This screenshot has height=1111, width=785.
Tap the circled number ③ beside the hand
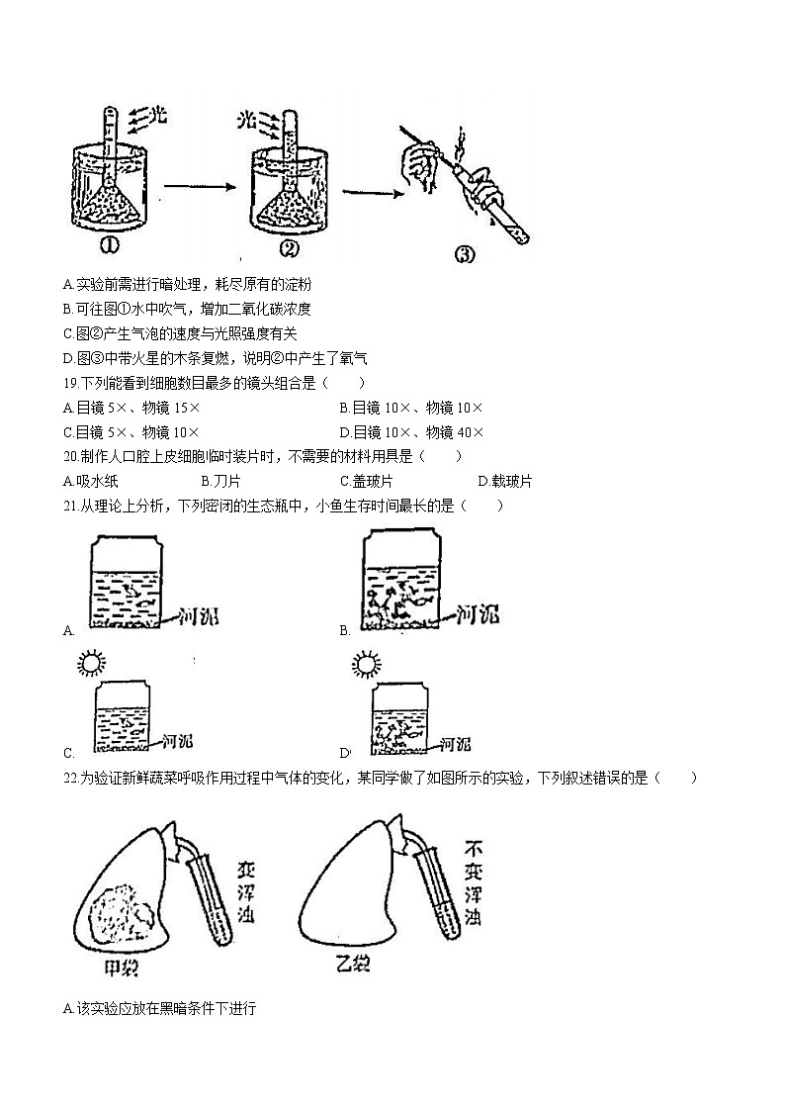[464, 254]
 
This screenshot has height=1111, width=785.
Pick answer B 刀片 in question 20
[219, 482]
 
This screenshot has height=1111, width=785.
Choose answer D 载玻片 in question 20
[504, 482]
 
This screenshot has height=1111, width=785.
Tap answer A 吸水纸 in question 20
[90, 482]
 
